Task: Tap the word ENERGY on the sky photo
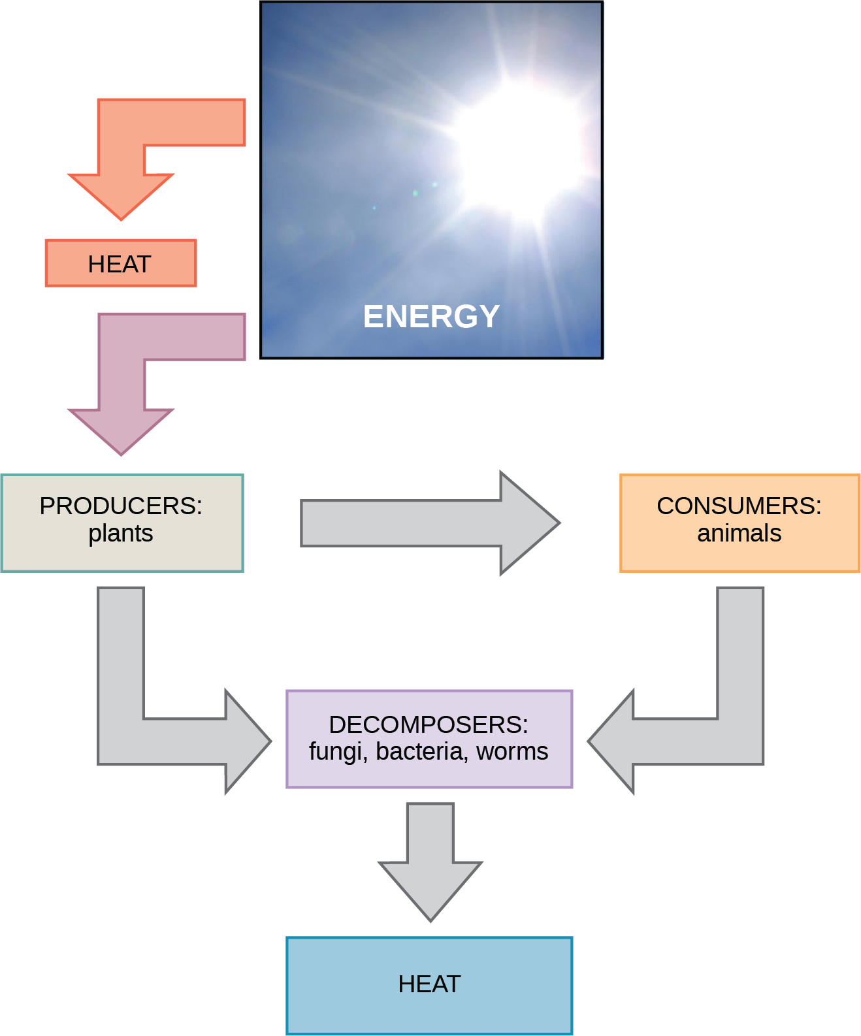pyautogui.click(x=431, y=317)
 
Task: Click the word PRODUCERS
pyautogui.click(x=121, y=506)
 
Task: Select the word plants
pyautogui.click(x=121, y=534)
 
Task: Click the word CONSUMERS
pyautogui.click(x=739, y=506)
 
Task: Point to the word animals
pyautogui.click(x=739, y=534)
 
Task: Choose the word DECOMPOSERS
pyautogui.click(x=429, y=724)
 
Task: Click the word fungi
pyautogui.click(x=334, y=752)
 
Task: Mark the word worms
pyautogui.click(x=512, y=752)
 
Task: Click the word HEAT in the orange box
pyautogui.click(x=120, y=265)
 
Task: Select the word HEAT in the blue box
pyautogui.click(x=429, y=984)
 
